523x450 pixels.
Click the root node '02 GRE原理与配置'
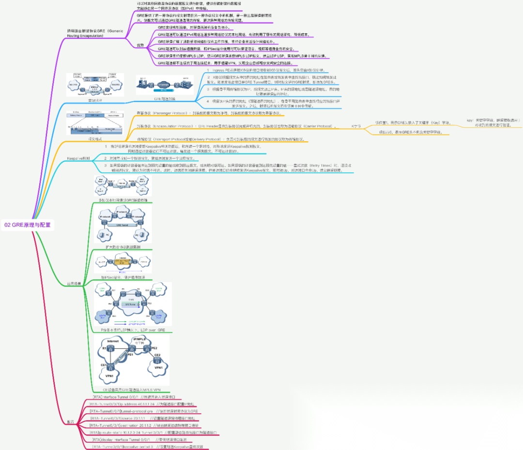27,225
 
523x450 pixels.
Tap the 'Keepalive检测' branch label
78,159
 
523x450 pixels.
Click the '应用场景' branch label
74,283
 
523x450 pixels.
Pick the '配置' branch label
71,422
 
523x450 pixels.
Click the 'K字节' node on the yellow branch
356,126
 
